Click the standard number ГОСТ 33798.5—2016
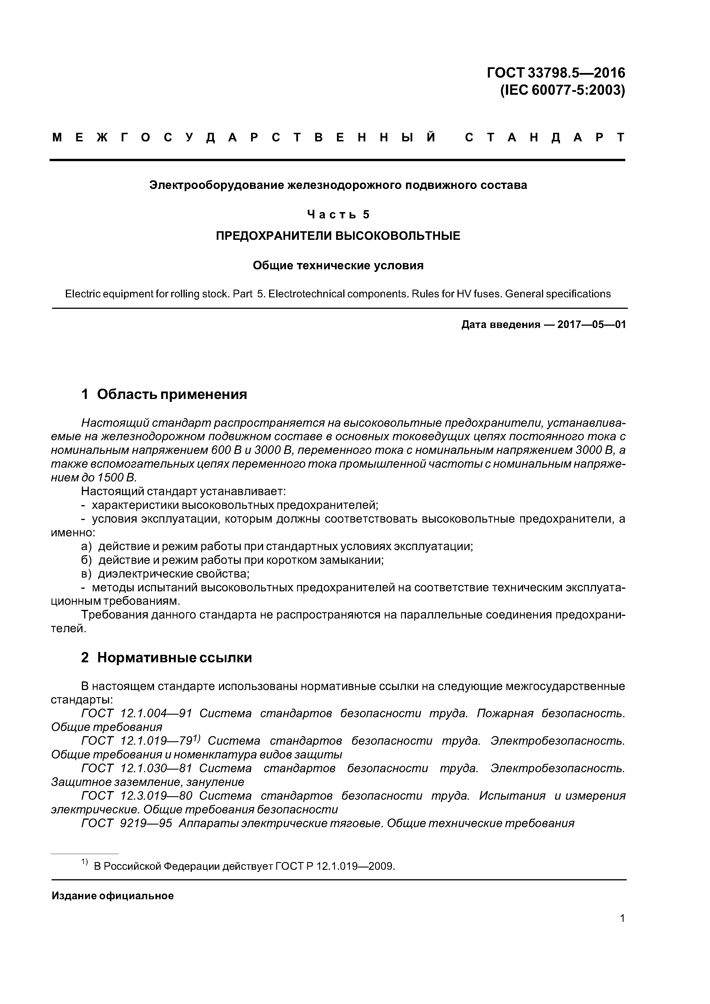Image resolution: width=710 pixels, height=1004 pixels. point(556,72)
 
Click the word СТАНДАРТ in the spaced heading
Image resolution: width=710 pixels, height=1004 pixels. point(544,138)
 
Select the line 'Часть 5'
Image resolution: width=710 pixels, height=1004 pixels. point(338,214)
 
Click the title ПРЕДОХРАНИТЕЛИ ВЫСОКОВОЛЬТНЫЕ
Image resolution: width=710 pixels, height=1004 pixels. point(338,236)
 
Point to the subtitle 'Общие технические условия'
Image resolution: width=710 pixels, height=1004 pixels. point(338,265)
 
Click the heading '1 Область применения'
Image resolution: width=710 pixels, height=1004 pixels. point(164,394)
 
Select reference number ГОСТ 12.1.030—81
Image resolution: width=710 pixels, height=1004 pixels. point(137,768)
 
